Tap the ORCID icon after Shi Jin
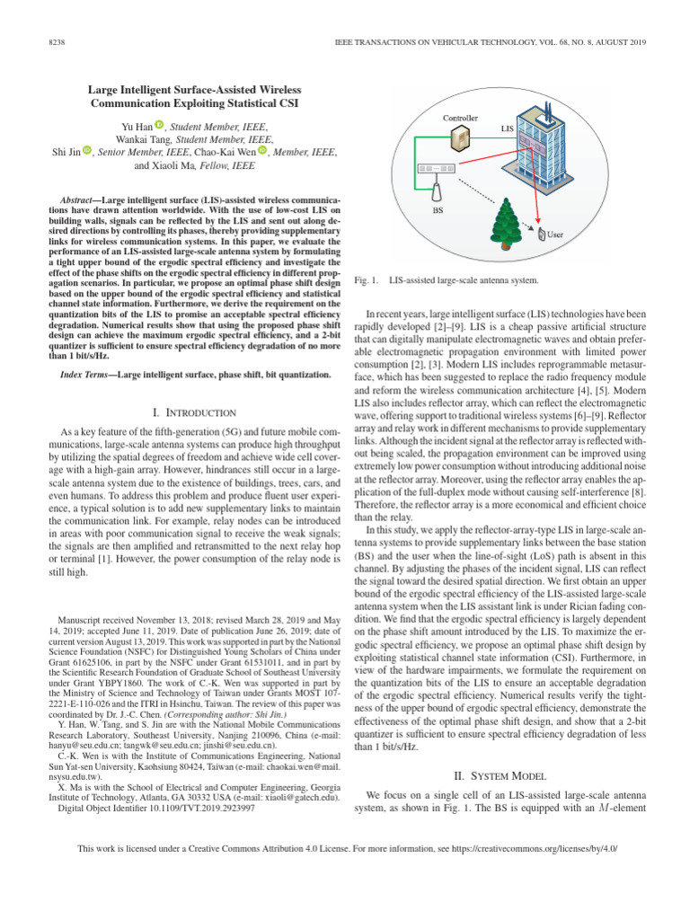[88, 151]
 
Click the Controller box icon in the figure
[460, 138]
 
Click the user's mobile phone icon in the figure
[541, 235]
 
